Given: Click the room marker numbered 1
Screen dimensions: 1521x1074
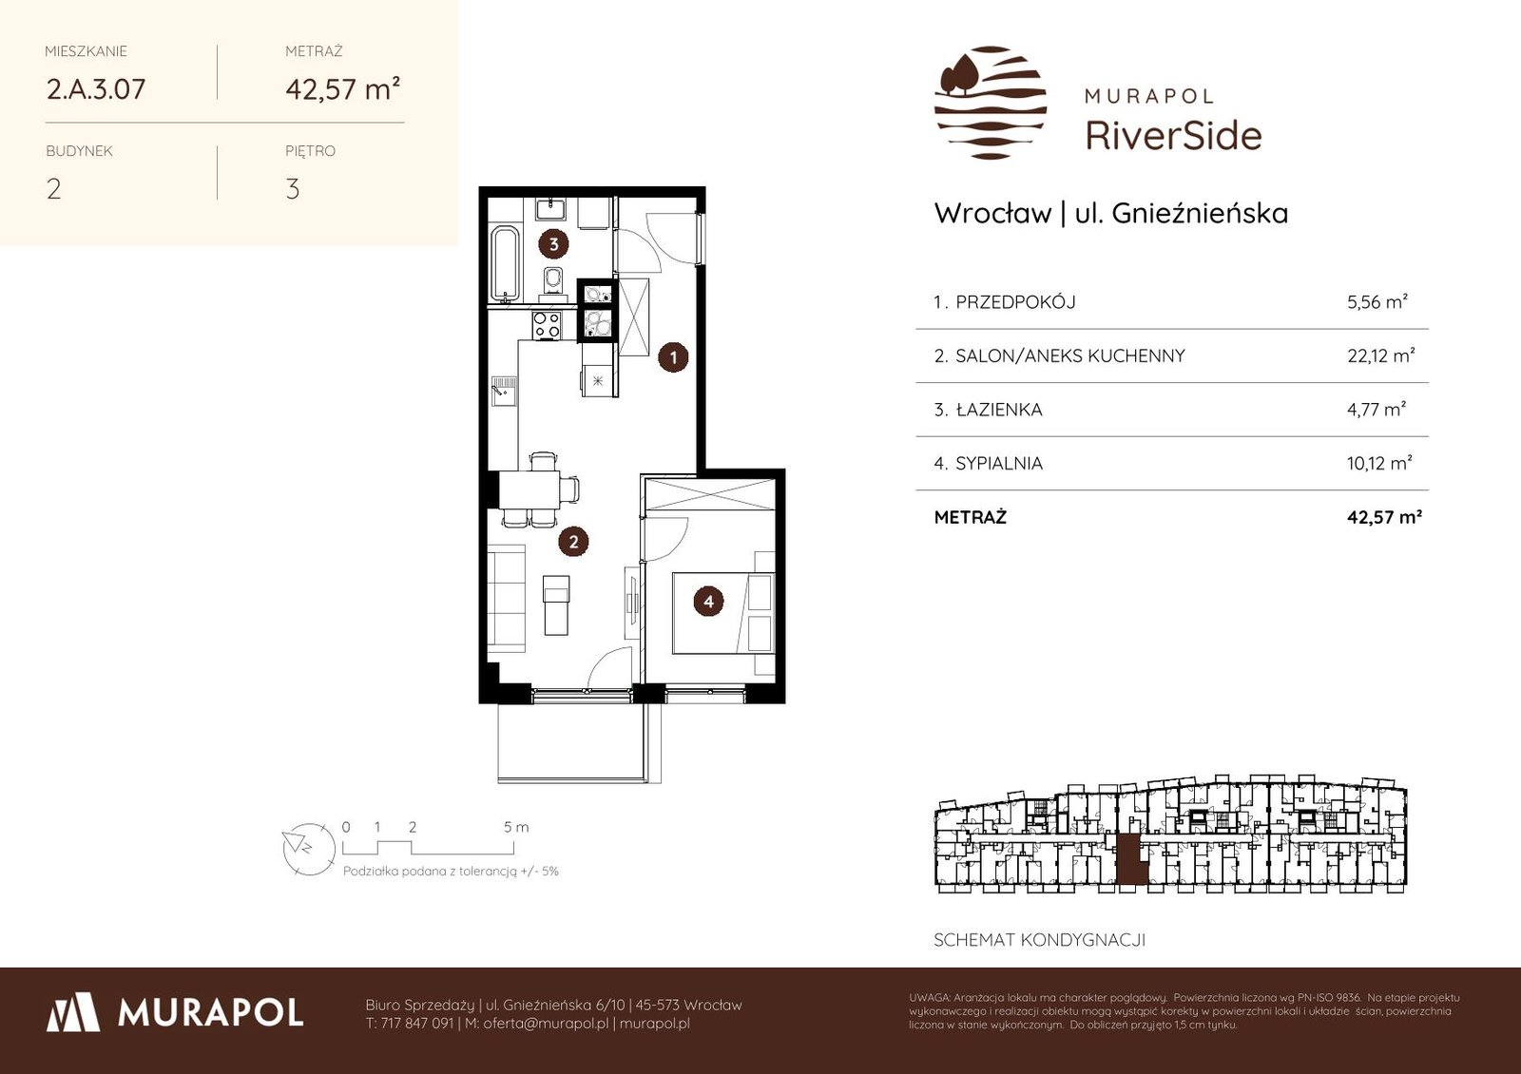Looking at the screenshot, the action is pyautogui.click(x=673, y=357).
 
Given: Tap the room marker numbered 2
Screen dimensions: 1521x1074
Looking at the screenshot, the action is pyautogui.click(x=574, y=542).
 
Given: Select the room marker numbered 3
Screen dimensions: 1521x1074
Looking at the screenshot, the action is pyautogui.click(x=553, y=243).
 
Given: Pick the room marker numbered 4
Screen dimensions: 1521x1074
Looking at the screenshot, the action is pyautogui.click(x=708, y=602).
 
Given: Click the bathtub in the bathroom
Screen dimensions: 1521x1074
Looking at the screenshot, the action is pyautogui.click(x=505, y=265).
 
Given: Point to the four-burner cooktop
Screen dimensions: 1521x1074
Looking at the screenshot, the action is pyautogui.click(x=547, y=325).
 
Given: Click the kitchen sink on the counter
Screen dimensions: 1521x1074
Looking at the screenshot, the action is pyautogui.click(x=503, y=392).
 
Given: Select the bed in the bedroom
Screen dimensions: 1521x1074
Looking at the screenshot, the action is pyautogui.click(x=723, y=613).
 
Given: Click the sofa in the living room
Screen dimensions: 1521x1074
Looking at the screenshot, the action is pyautogui.click(x=507, y=598).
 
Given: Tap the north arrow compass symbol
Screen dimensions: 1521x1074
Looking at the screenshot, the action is pyautogui.click(x=309, y=850).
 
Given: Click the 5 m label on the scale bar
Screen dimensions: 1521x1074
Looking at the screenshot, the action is pyautogui.click(x=516, y=827).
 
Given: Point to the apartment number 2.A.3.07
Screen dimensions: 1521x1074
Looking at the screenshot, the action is pyautogui.click(x=96, y=89).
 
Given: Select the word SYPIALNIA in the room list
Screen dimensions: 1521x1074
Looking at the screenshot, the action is pyautogui.click(x=999, y=463).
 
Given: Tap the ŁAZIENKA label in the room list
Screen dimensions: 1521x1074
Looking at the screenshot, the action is pyautogui.click(x=999, y=410).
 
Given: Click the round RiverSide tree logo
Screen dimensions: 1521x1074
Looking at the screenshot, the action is pyautogui.click(x=991, y=103).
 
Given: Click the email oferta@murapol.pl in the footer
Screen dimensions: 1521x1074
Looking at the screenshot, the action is pyautogui.click(x=546, y=1024).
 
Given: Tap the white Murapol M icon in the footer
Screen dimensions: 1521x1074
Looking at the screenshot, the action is pyautogui.click(x=73, y=1012).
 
